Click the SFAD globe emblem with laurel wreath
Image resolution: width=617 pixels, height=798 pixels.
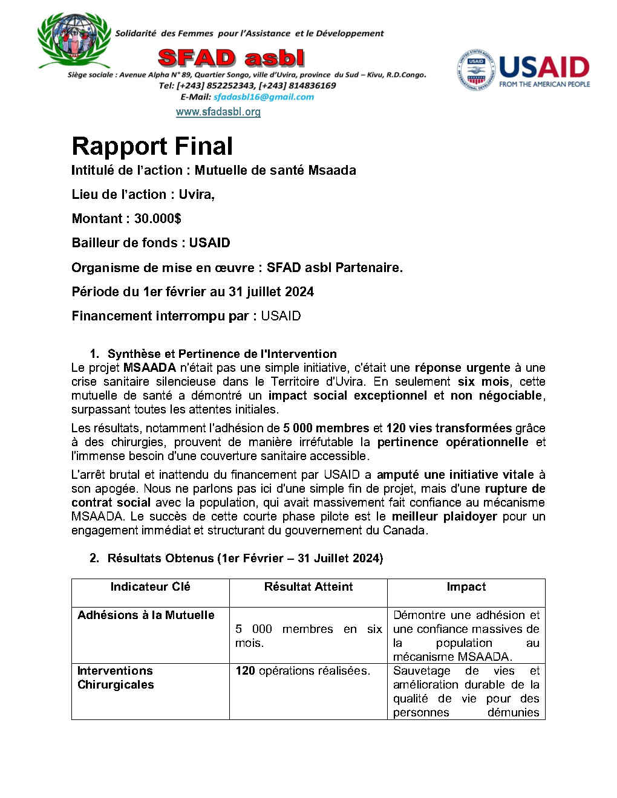pos(74,40)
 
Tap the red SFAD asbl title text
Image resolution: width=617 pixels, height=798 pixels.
pos(231,58)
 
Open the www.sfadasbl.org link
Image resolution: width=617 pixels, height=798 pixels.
pos(218,112)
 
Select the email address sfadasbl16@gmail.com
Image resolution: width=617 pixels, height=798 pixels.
pos(264,97)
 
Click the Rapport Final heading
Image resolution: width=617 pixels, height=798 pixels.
pos(152,146)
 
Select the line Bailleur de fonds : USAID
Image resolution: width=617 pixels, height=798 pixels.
pos(151,242)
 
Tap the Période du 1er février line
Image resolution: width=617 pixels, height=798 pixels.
pos(192,291)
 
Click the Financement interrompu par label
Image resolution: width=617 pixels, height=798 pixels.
pos(164,316)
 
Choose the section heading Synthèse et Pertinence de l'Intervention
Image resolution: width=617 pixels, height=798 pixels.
pos(222,354)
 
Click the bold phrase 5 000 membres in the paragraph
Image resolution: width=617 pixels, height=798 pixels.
pos(326,428)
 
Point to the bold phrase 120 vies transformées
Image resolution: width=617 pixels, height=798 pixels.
pos(449,428)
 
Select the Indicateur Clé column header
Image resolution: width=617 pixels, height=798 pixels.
pos(150,586)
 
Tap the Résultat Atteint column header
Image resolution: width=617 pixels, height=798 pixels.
pos(308,586)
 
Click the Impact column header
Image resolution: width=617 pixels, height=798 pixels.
pos(466,586)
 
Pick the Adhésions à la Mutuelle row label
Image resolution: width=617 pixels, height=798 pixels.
pos(146,615)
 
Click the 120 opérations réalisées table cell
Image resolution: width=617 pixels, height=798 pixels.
pos(302,670)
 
